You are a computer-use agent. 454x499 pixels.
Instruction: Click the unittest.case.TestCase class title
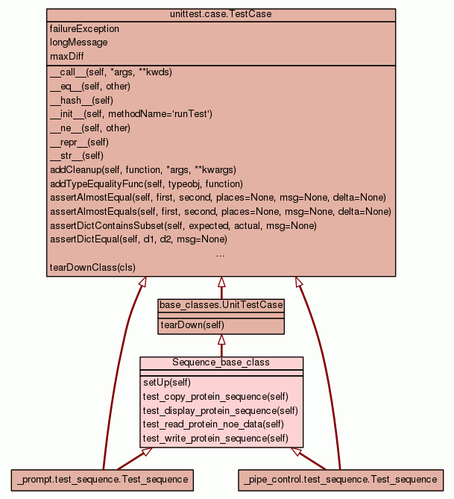click(221, 15)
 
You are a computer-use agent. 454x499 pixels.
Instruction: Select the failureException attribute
click(84, 29)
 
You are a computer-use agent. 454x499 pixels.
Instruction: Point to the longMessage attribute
click(78, 43)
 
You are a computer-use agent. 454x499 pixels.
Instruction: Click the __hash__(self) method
click(81, 100)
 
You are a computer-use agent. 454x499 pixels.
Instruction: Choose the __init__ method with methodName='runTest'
click(131, 114)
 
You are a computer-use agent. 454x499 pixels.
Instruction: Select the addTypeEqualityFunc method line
click(146, 183)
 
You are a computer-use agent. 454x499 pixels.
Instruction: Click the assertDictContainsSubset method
click(183, 225)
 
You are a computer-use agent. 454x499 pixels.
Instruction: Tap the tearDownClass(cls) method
click(92, 267)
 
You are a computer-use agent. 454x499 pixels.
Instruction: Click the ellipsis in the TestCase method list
click(221, 254)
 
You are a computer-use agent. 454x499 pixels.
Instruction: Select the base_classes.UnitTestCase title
click(221, 305)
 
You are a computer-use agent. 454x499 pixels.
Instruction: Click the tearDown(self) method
click(192, 325)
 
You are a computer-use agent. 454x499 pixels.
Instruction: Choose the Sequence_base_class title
click(221, 363)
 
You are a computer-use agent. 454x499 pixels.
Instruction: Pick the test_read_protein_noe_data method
click(213, 424)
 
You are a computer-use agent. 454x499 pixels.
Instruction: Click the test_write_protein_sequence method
click(215, 439)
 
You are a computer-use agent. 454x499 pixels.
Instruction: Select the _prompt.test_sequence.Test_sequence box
click(102, 478)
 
